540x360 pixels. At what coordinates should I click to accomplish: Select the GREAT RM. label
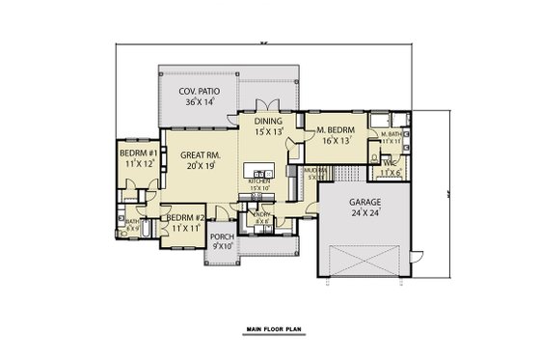197,153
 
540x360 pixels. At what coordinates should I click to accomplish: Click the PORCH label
223,235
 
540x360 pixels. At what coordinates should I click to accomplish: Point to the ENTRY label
260,213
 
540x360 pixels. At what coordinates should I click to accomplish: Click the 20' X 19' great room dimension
200,165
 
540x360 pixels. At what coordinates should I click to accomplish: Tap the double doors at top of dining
268,105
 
